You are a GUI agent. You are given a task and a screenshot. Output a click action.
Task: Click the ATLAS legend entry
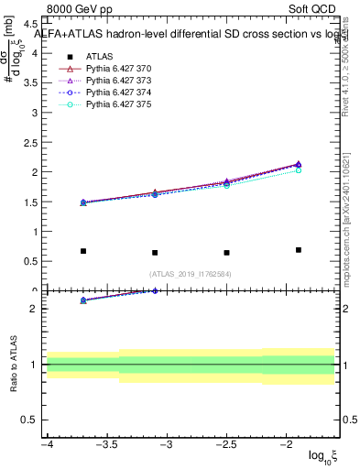coord(100,56)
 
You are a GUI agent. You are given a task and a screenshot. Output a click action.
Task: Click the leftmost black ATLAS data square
coord(83,251)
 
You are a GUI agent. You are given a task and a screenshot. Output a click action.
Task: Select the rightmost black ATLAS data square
coord(299,250)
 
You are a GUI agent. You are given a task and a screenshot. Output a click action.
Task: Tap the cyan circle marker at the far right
coord(299,170)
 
